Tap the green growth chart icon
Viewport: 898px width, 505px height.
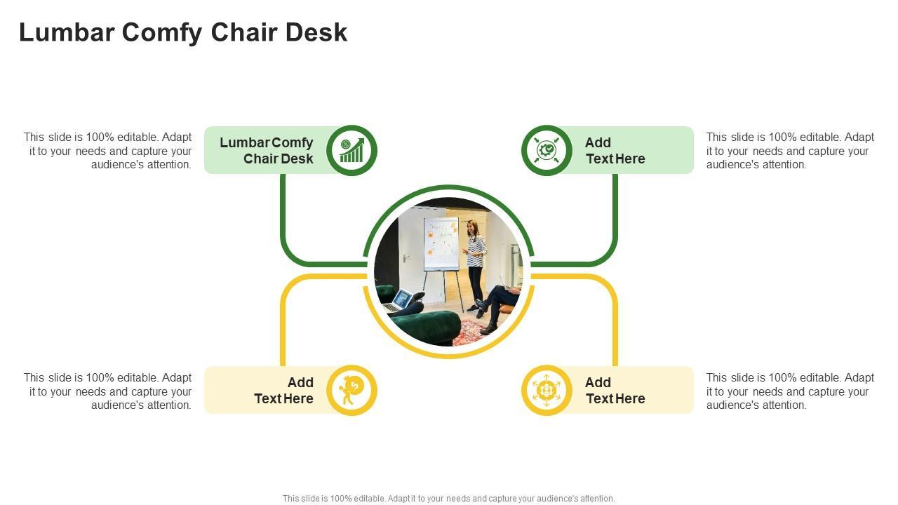351,150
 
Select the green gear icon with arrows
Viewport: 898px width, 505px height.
547,150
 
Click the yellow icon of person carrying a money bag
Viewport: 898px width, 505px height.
351,390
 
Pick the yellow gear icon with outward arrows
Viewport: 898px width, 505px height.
547,390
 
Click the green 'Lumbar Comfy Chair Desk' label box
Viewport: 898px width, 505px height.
267,150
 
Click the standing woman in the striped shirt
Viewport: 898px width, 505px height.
476,263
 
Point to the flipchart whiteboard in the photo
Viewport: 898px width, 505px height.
441,243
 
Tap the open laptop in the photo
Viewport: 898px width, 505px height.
401,300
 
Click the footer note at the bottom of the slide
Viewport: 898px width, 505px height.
448,499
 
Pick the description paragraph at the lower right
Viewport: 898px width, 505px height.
790,391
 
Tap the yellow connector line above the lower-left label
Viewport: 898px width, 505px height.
283,323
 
